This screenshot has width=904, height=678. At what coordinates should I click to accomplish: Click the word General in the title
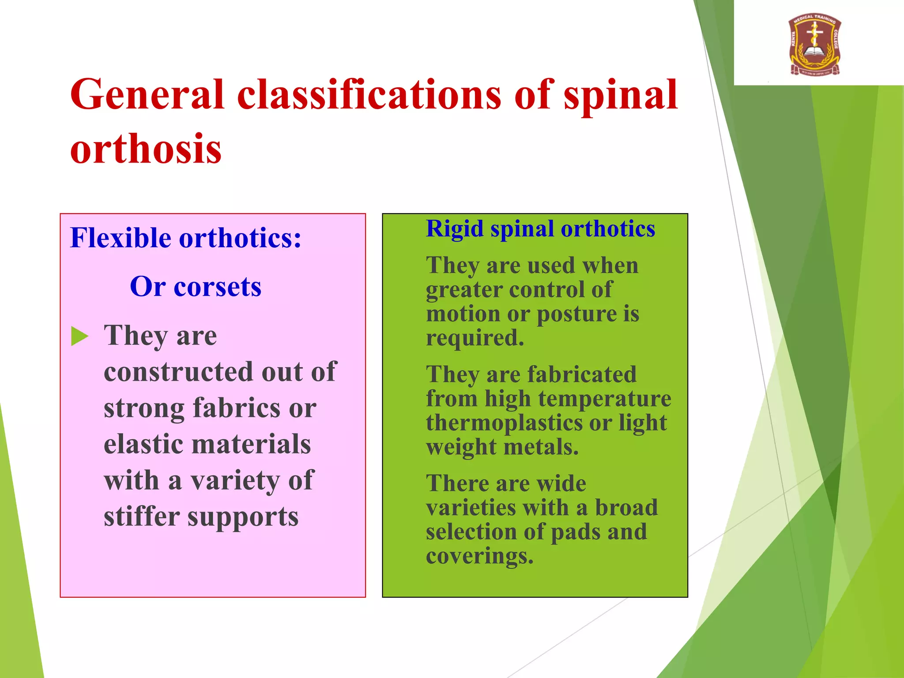tap(147, 94)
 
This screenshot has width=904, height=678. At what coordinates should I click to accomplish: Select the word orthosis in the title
tap(146, 149)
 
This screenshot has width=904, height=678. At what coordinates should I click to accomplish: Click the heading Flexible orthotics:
tap(186, 238)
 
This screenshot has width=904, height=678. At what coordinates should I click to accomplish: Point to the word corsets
tap(217, 287)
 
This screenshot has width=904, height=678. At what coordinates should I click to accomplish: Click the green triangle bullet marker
tap(80, 337)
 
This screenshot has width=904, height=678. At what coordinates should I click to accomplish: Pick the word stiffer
tap(141, 516)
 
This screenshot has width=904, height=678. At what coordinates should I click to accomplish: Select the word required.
tap(475, 338)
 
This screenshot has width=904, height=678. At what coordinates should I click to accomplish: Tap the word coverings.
tap(479, 556)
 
